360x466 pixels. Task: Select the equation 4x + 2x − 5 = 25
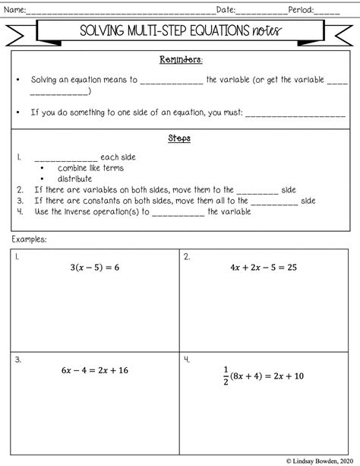point(262,268)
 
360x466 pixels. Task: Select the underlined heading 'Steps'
point(179,139)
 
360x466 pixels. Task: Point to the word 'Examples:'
point(29,239)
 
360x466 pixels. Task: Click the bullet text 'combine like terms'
point(90,168)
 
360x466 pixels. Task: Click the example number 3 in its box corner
point(17,360)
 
